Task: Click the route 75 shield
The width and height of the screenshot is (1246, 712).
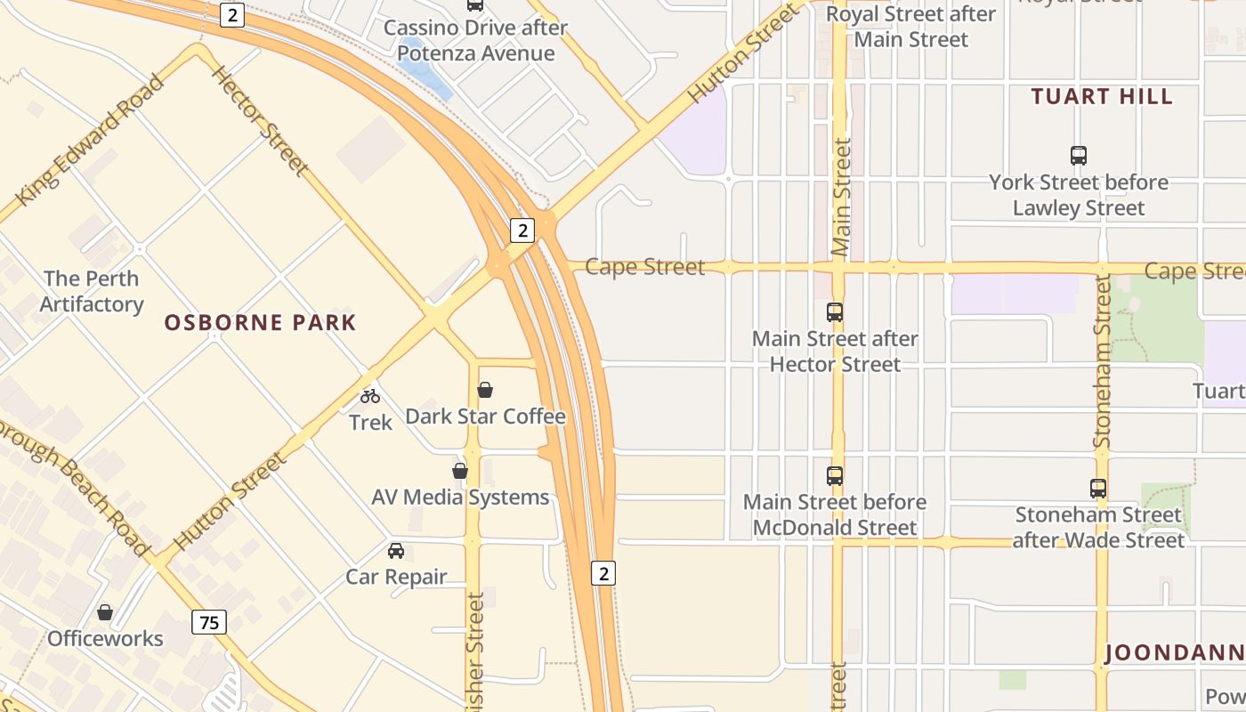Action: click(x=209, y=622)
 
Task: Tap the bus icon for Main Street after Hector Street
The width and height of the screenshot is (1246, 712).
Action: click(x=835, y=312)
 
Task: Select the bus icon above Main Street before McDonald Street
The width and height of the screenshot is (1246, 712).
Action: click(x=835, y=476)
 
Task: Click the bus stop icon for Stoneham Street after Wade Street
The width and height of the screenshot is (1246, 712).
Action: click(x=1098, y=489)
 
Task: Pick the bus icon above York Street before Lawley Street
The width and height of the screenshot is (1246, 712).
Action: click(x=1079, y=156)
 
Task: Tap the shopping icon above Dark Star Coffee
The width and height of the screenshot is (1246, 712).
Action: click(x=485, y=390)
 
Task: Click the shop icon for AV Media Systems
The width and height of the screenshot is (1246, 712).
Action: click(x=460, y=471)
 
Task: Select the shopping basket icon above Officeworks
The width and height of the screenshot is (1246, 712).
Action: click(x=105, y=612)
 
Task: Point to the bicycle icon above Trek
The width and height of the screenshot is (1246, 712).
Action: click(x=370, y=396)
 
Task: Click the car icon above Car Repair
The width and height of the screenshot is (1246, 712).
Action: click(x=396, y=551)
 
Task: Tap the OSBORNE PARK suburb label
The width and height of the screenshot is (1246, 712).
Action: click(x=260, y=322)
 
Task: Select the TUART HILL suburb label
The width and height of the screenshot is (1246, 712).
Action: click(x=1102, y=97)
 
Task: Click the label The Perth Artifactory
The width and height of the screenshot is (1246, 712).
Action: click(x=92, y=291)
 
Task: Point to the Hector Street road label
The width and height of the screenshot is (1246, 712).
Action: click(x=260, y=119)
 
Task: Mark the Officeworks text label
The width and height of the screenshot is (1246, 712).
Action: click(x=105, y=639)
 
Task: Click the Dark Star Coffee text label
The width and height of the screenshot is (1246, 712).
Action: click(x=485, y=417)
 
